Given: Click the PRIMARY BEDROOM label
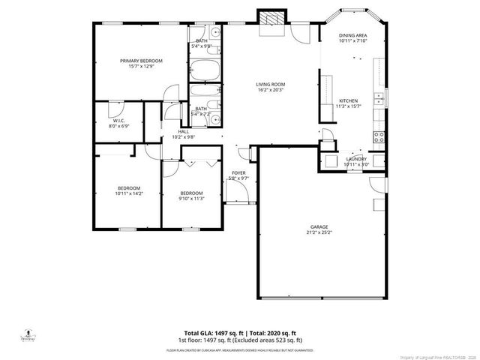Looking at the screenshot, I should pyautogui.click(x=142, y=61).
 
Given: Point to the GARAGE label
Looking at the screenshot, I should pyautogui.click(x=320, y=226).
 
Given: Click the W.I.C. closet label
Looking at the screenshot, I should pyautogui.click(x=118, y=120).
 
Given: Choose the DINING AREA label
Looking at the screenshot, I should pyautogui.click(x=352, y=35).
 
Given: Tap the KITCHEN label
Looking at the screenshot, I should pyautogui.click(x=349, y=100).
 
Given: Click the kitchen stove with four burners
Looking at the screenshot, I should pyautogui.click(x=379, y=136).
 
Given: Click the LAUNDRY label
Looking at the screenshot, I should pyautogui.click(x=355, y=159).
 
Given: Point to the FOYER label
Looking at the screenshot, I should pyautogui.click(x=238, y=173).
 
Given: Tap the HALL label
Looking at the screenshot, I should pyautogui.click(x=183, y=131).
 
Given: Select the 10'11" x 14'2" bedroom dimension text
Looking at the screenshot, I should pyautogui.click(x=128, y=193).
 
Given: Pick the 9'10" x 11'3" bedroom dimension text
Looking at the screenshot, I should pyautogui.click(x=191, y=199).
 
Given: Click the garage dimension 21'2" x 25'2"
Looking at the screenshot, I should pyautogui.click(x=320, y=232).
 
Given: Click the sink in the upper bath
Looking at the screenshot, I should pyautogui.click(x=215, y=34).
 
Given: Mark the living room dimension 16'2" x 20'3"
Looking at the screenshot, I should pyautogui.click(x=271, y=91).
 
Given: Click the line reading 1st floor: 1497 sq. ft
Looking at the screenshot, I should pyautogui.click(x=240, y=339).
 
